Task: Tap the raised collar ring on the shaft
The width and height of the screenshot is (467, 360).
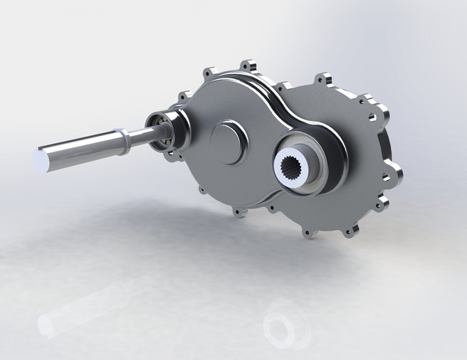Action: click(124, 140)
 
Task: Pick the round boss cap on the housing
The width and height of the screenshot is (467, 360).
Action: click(228, 141)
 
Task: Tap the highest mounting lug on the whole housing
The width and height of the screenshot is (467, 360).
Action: click(248, 66)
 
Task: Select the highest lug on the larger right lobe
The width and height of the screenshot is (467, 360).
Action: click(324, 76)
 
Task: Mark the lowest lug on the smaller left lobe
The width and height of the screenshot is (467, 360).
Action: click(239, 211)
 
